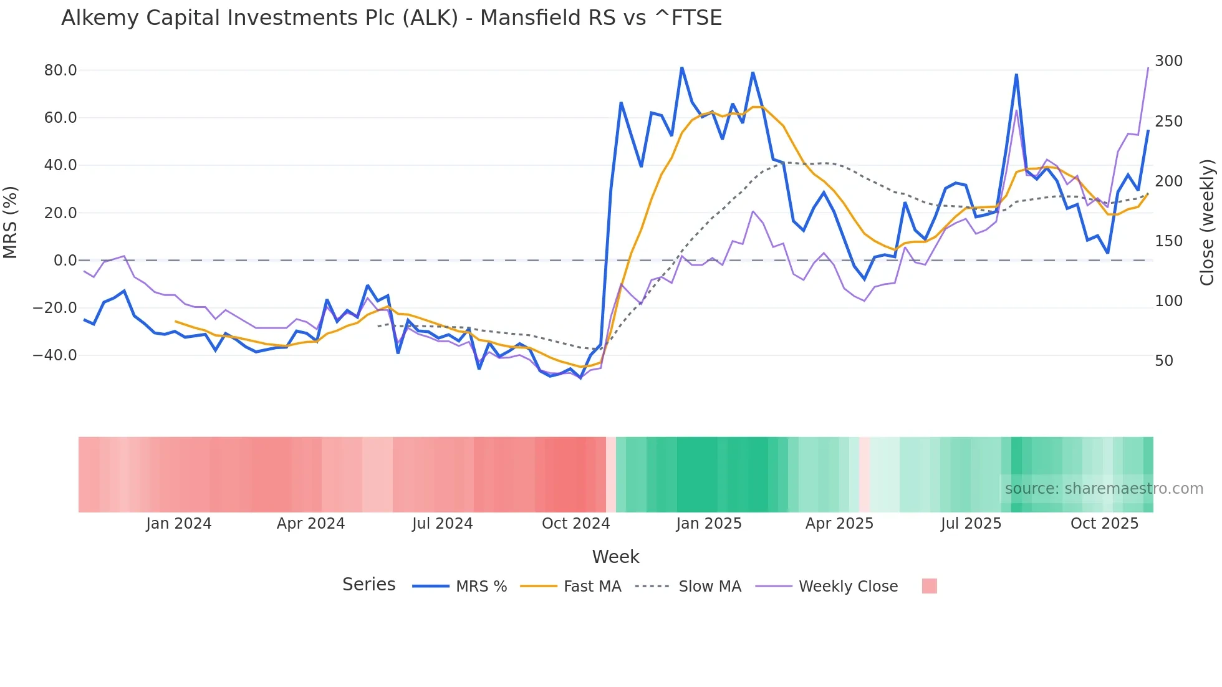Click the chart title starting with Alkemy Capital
[x=392, y=18]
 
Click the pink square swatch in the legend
[x=929, y=586]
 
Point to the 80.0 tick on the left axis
[x=60, y=70]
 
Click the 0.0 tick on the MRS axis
[x=65, y=261]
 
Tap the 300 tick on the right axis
[x=1168, y=61]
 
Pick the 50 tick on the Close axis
[x=1164, y=361]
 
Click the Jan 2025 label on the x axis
[x=709, y=524]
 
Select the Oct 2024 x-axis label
[x=575, y=524]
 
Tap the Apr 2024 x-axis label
[x=310, y=524]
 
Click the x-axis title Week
[x=615, y=557]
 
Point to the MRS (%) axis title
[x=11, y=222]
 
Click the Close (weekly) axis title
[x=1207, y=223]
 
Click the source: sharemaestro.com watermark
[x=1104, y=489]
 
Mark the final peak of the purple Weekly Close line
[x=1148, y=68]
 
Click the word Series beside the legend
[x=368, y=585]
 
